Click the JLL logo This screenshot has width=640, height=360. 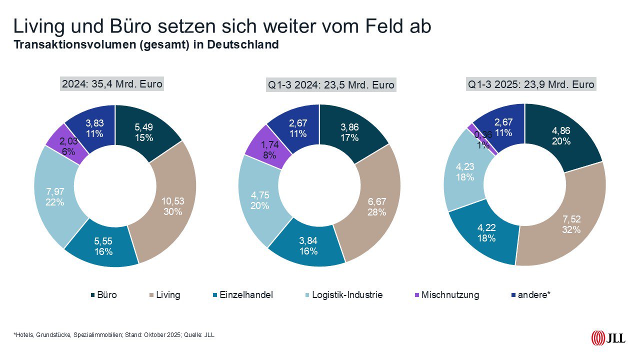(x=607, y=338)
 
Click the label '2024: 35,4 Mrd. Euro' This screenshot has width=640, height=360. (x=111, y=84)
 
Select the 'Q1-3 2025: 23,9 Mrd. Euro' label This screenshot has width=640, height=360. (x=531, y=84)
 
